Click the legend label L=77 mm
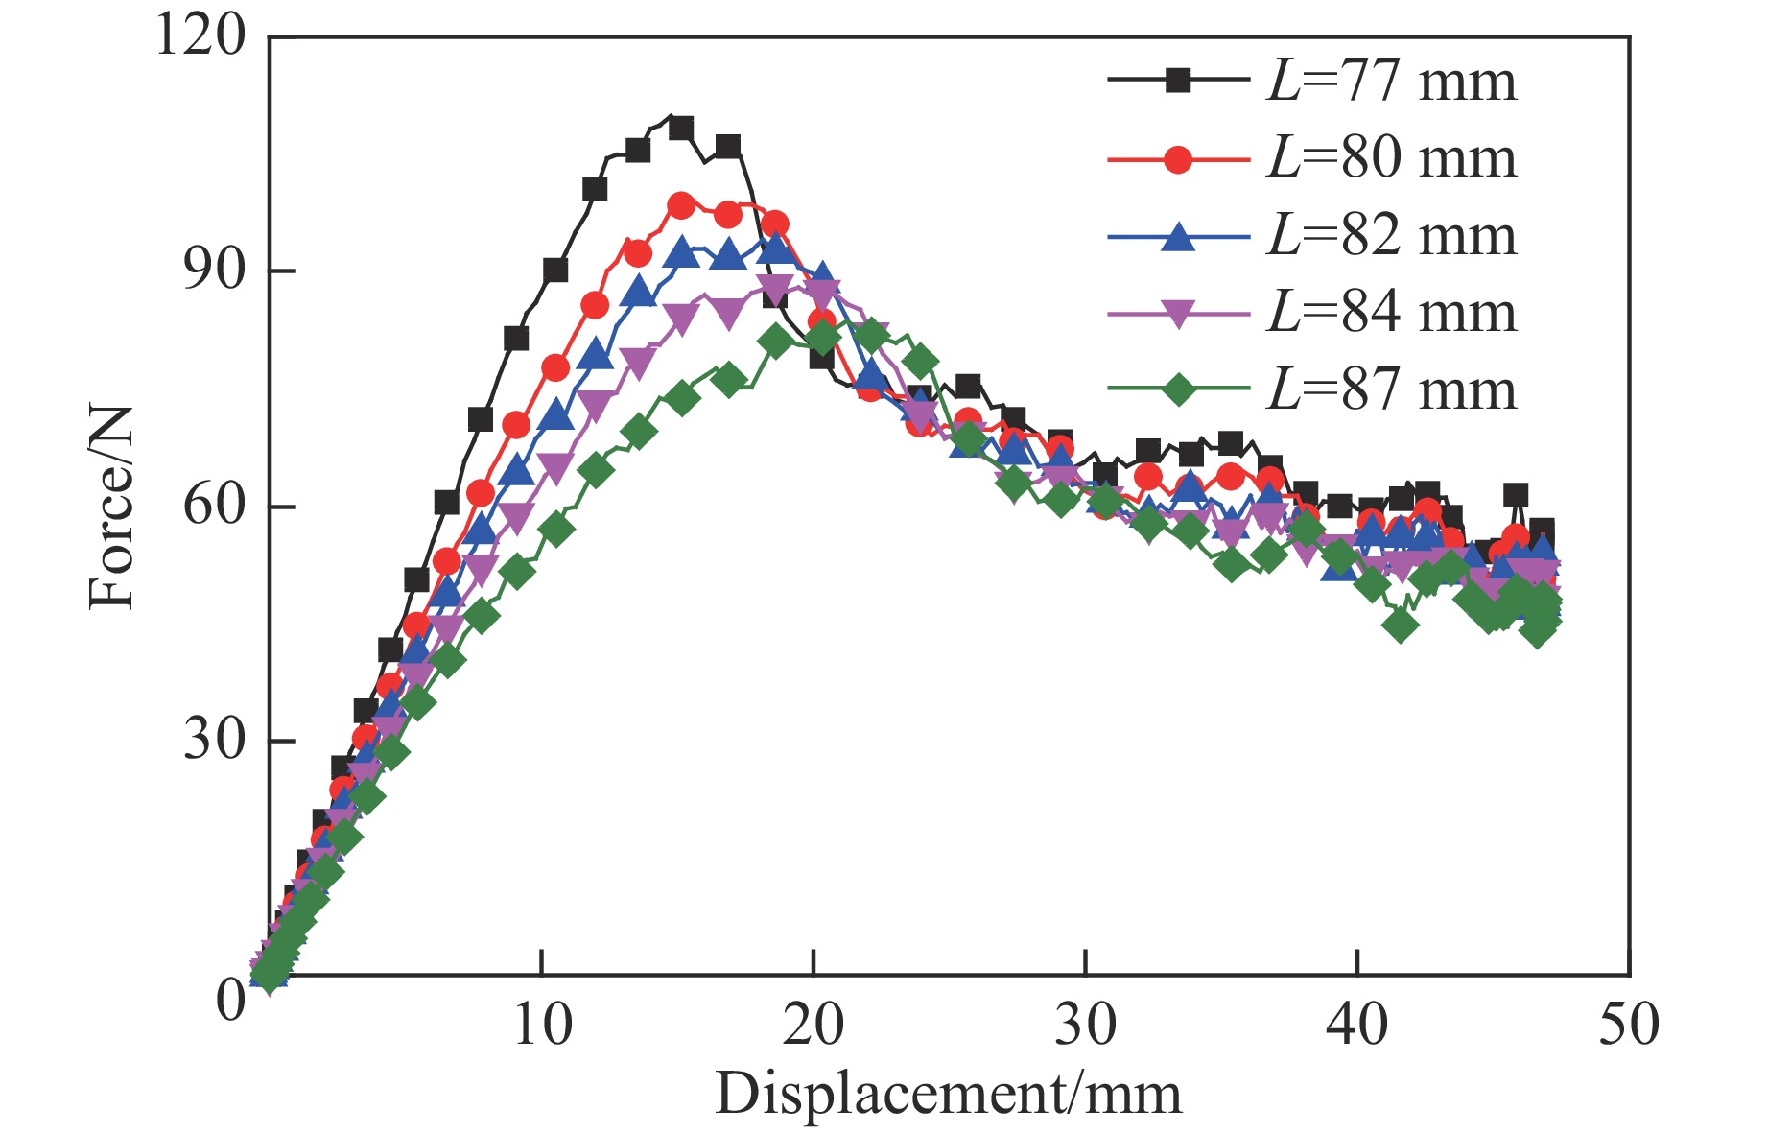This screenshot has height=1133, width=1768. pos(1392,81)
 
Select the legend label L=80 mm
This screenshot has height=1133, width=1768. pos(1392,158)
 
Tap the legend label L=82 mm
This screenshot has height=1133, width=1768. pos(1392,236)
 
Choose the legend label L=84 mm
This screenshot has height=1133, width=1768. pos(1392,313)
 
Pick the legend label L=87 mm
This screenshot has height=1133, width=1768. pos(1392,390)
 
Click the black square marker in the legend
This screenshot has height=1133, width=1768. pos(1178,81)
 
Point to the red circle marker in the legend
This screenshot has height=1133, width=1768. pos(1178,158)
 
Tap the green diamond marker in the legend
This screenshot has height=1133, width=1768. pos(1178,389)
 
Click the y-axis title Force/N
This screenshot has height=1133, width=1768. pos(110,507)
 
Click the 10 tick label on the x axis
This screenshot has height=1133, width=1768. pos(542,1025)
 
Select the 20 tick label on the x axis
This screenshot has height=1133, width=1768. pos(813,1025)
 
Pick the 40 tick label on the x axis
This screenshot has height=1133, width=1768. pos(1357,1025)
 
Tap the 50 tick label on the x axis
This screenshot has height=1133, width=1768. pos(1629,1025)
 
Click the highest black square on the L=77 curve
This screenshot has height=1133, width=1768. pos(680,128)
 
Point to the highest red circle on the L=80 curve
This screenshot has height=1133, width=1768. pos(681,205)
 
